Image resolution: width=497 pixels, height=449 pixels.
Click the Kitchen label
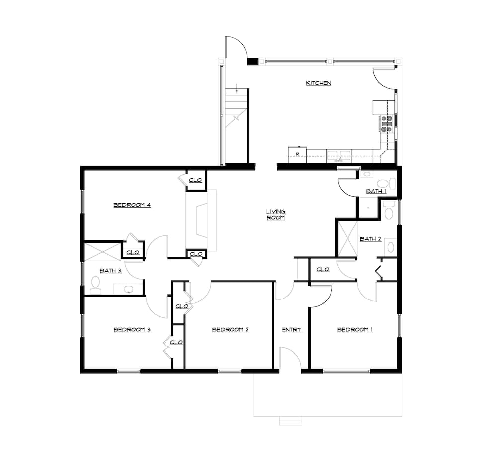(318, 83)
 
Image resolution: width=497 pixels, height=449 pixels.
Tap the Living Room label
(276, 214)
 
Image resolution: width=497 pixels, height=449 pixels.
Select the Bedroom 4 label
(132, 205)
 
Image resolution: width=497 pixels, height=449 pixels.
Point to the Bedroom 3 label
(132, 330)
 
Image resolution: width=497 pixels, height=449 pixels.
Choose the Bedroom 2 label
(231, 330)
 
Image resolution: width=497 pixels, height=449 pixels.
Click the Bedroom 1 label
(355, 330)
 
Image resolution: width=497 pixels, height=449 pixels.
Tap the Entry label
(292, 330)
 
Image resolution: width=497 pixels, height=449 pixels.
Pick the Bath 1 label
(376, 191)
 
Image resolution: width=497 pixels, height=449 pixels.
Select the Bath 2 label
(371, 239)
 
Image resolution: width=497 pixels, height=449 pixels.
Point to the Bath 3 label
(111, 271)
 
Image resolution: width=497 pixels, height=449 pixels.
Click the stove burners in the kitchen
(387, 124)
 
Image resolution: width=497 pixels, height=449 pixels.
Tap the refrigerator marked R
(297, 155)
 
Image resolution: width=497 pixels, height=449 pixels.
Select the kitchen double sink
(338, 156)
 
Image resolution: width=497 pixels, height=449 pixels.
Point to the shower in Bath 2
(348, 238)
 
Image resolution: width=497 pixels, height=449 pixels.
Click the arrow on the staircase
(237, 88)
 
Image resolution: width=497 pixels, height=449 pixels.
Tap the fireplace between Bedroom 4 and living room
(201, 221)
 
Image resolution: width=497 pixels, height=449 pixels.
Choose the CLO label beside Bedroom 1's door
(323, 269)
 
